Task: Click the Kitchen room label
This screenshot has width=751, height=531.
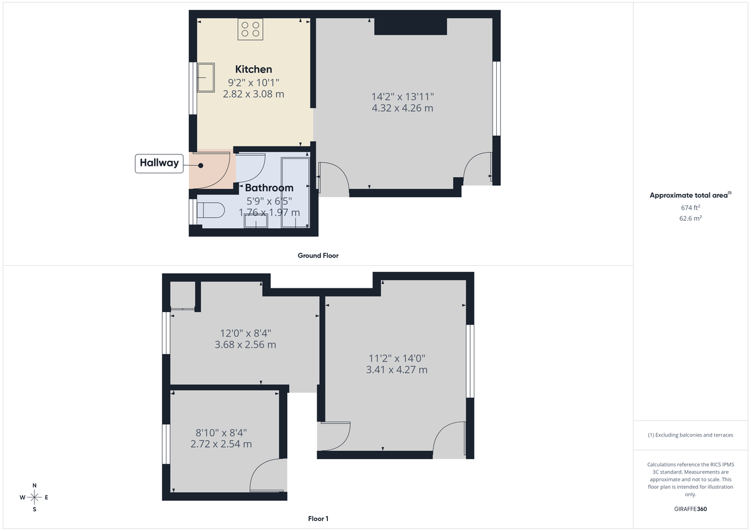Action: pyautogui.click(x=253, y=69)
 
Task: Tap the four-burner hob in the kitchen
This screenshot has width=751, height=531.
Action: pyautogui.click(x=251, y=29)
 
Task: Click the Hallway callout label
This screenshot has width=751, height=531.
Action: pyautogui.click(x=159, y=163)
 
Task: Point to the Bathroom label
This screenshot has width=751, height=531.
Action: pyautogui.click(x=269, y=188)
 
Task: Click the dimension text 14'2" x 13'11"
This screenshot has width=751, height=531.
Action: pyautogui.click(x=402, y=96)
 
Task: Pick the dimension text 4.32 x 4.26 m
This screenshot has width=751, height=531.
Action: pyautogui.click(x=402, y=108)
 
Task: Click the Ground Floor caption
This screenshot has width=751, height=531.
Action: pyautogui.click(x=318, y=256)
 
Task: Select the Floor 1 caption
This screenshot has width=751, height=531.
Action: pyautogui.click(x=318, y=518)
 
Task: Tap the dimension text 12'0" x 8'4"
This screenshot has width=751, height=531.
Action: pyautogui.click(x=245, y=333)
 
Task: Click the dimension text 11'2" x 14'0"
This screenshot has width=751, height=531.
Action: pyautogui.click(x=397, y=358)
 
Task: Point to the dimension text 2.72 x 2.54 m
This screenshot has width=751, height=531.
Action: pyautogui.click(x=222, y=444)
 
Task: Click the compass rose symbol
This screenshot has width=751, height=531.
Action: pyautogui.click(x=34, y=497)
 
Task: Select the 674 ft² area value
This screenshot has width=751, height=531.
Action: pyautogui.click(x=690, y=207)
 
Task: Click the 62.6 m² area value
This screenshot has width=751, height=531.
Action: pyautogui.click(x=690, y=218)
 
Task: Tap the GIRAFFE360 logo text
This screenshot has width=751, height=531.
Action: pyautogui.click(x=690, y=509)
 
